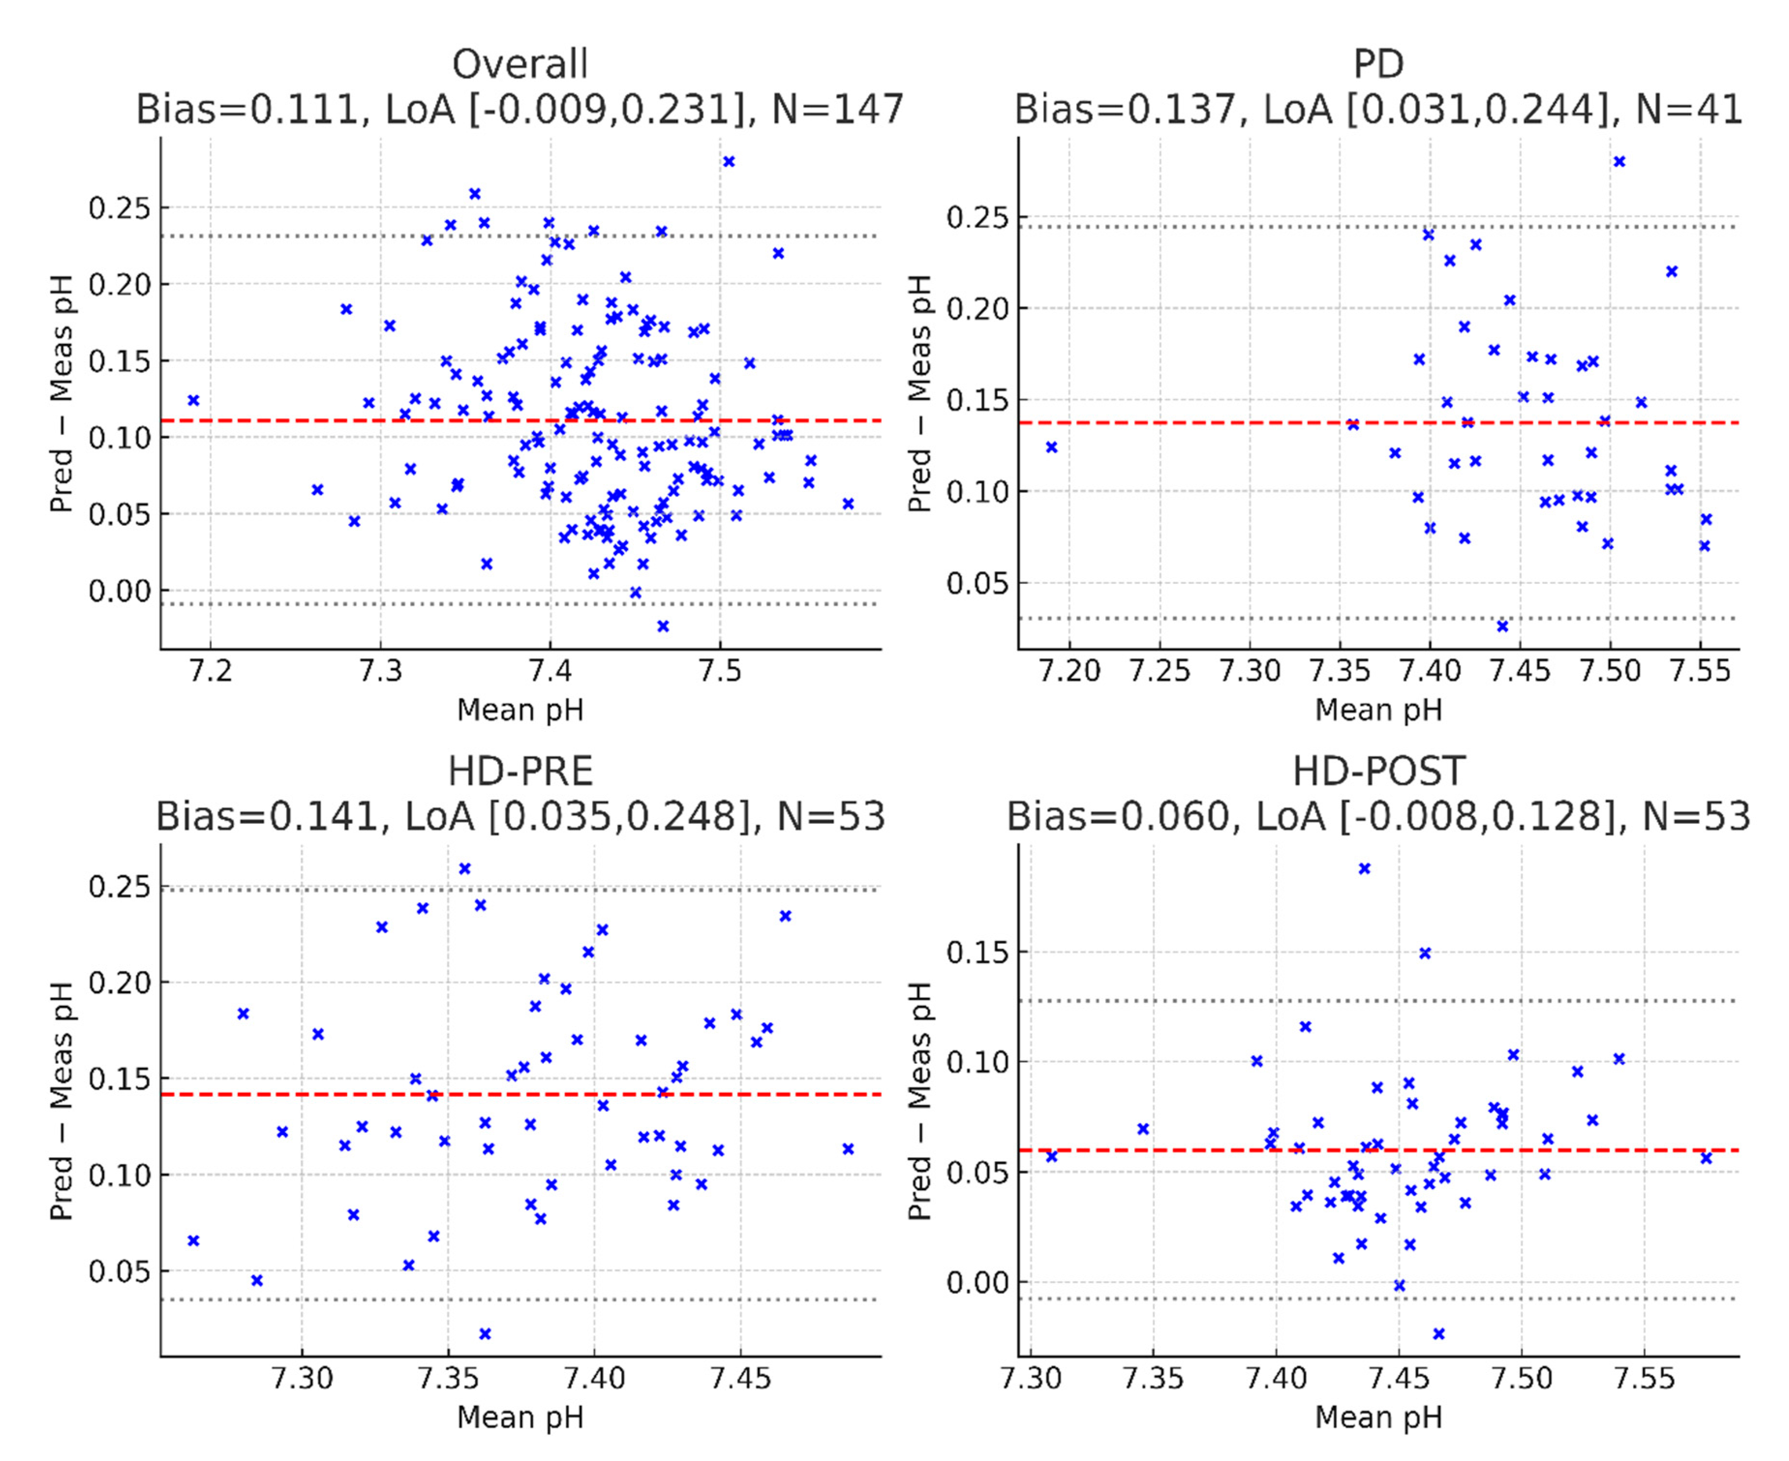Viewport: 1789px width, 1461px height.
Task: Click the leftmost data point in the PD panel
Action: point(1051,447)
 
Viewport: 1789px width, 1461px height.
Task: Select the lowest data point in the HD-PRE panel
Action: point(485,1334)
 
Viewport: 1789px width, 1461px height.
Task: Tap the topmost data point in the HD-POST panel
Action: point(1364,868)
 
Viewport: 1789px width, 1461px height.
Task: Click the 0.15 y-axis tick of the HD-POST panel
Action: point(977,953)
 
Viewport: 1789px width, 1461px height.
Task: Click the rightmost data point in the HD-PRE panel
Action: point(848,1149)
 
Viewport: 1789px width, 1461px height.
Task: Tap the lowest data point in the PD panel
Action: point(1502,626)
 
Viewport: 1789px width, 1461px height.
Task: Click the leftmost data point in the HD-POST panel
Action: point(1051,1156)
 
